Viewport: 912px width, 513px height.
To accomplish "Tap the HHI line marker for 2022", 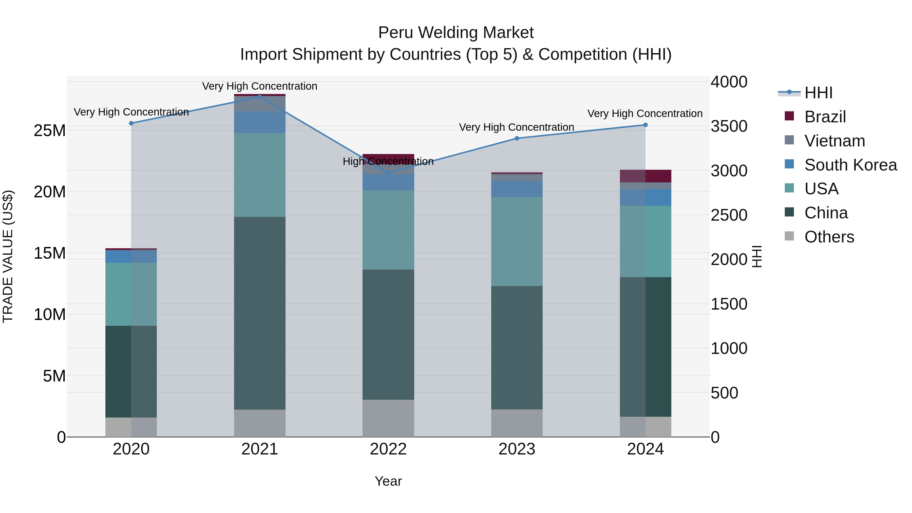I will click(388, 173).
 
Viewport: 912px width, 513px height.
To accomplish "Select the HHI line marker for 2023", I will click(517, 138).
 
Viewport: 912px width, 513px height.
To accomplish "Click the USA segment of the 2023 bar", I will click(517, 241).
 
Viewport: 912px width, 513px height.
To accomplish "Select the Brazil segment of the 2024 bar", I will click(645, 176).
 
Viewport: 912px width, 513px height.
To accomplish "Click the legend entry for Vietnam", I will click(834, 141).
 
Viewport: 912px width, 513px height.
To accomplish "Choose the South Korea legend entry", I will click(850, 165).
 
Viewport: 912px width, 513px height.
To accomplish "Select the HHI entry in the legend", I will click(818, 93).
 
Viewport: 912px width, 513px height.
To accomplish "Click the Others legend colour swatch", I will click(789, 236).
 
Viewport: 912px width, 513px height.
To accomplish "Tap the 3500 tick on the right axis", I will click(729, 126).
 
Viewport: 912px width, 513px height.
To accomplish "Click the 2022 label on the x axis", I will click(388, 449).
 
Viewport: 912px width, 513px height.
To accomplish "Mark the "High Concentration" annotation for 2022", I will click(388, 161).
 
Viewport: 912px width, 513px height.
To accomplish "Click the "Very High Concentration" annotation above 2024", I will click(645, 114).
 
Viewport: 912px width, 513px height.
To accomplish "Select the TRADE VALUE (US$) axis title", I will click(8, 256).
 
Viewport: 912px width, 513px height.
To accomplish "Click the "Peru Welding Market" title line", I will click(456, 33).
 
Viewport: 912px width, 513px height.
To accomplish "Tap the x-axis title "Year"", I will click(388, 481).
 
